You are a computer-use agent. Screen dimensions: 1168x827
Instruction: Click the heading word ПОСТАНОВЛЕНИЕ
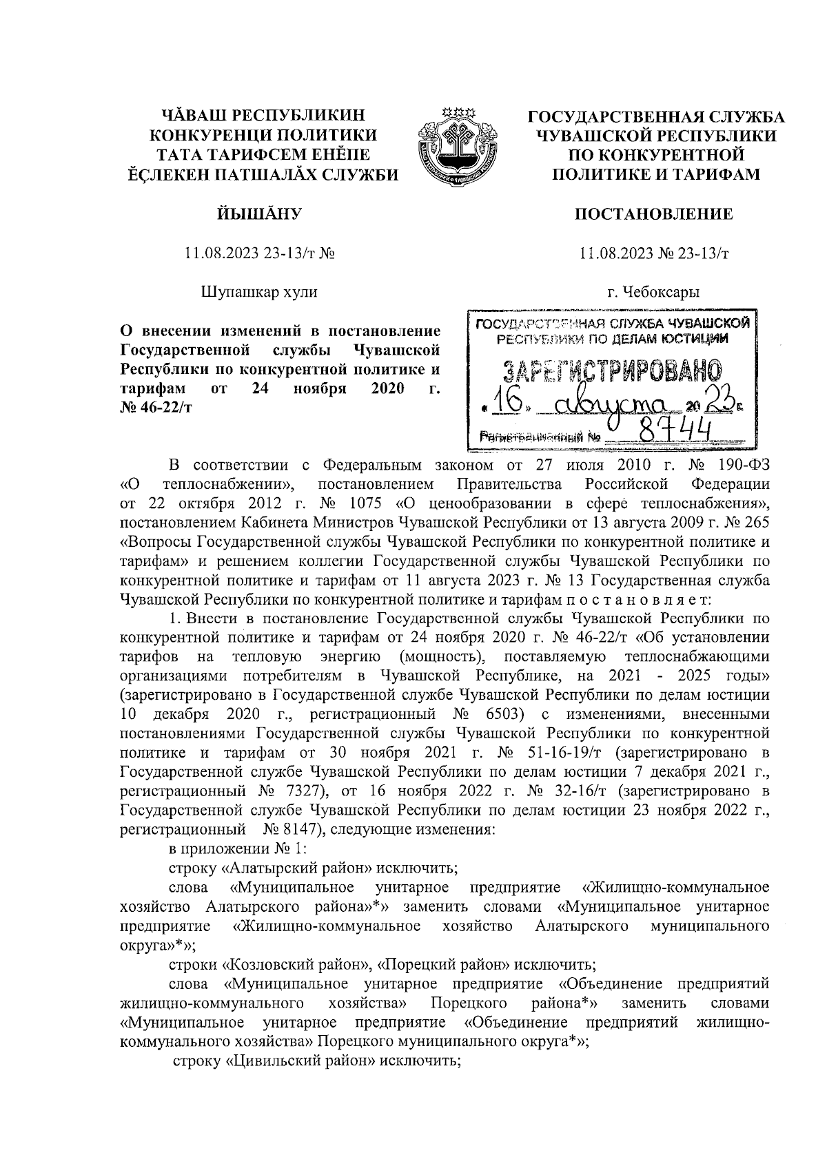coord(654,215)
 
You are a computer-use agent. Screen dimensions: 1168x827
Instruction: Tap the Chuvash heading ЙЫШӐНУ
coord(259,215)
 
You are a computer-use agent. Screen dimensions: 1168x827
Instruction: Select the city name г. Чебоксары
coord(653,292)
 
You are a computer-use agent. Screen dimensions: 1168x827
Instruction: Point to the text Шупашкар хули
coord(259,292)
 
